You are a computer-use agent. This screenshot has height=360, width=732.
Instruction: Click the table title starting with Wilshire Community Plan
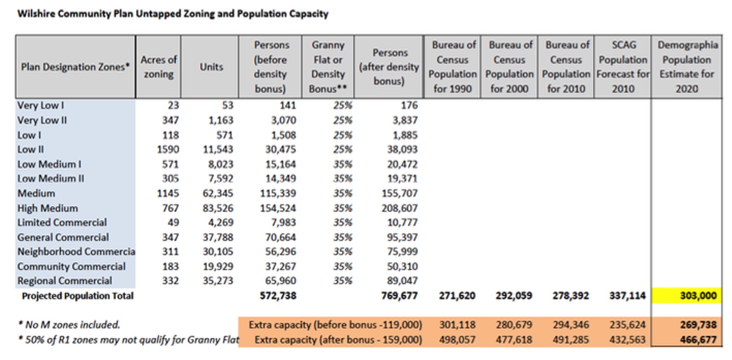173,14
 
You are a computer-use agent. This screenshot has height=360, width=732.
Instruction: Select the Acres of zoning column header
158,67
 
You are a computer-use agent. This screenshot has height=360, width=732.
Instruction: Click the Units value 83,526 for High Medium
217,208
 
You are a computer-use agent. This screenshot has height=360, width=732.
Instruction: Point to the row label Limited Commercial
62,223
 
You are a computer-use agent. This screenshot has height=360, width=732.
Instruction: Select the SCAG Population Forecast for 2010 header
623,67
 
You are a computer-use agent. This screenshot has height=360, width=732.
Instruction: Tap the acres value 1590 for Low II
167,149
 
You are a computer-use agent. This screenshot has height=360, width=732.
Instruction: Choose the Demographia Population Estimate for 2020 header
687,67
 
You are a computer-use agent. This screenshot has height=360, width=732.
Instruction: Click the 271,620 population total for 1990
457,296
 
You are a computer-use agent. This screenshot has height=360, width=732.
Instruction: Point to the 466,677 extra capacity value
697,340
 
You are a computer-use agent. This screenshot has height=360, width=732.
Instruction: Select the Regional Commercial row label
65,281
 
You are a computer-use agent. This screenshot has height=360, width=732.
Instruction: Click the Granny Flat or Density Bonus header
328,67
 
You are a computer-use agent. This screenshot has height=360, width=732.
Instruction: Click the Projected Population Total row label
78,296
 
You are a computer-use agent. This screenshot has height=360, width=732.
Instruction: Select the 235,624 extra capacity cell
626,325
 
